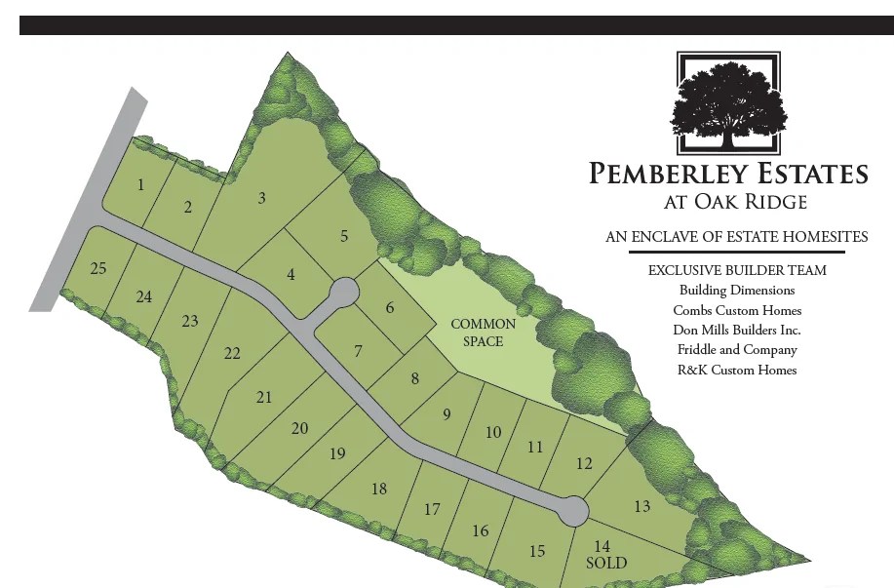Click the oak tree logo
tap(727, 103)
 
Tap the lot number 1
tap(141, 184)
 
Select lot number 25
tap(97, 268)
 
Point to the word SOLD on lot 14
tap(606, 563)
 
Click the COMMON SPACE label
tap(484, 333)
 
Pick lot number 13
tap(641, 506)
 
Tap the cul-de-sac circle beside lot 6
tap(343, 292)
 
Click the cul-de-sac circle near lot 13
tap(572, 510)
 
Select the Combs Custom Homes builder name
tap(737, 310)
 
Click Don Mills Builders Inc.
tap(737, 330)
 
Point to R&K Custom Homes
tap(737, 370)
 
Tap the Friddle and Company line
tap(737, 349)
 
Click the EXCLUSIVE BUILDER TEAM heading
tap(737, 270)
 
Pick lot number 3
tap(261, 198)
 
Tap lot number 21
tap(264, 397)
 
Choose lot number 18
tap(379, 489)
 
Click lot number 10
tap(493, 432)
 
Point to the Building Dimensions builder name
tap(737, 290)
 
